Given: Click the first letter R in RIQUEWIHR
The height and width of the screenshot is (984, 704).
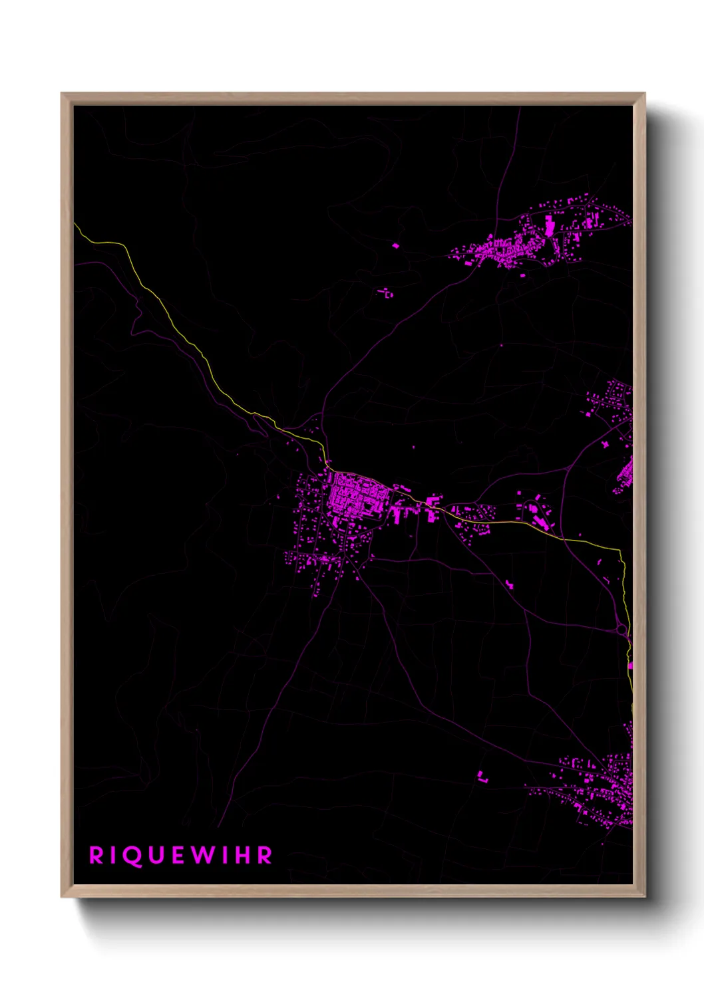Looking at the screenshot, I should tap(96, 856).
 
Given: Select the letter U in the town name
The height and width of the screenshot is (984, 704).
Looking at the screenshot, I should tap(154, 856).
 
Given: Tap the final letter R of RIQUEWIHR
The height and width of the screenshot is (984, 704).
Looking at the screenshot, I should tap(264, 856).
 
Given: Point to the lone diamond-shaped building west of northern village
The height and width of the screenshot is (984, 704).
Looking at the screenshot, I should tap(395, 246).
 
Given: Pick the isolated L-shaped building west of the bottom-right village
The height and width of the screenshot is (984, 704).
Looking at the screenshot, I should tap(482, 775).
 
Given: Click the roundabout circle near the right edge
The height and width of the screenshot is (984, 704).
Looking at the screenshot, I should tap(621, 629).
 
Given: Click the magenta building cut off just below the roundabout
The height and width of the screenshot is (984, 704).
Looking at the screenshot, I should tap(629, 665).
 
